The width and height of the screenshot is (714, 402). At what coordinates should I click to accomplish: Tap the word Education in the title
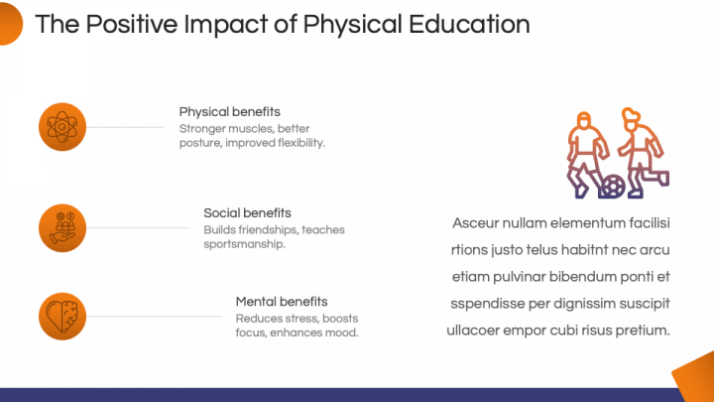(469, 24)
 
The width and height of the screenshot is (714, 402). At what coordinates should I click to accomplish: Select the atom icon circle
(62, 127)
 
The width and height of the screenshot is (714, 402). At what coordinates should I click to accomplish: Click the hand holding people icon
(62, 228)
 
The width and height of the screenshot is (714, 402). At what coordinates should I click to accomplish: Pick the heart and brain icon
(62, 317)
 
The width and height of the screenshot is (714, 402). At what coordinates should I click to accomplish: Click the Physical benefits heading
(229, 112)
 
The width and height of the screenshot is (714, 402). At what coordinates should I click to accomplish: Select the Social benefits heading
(247, 212)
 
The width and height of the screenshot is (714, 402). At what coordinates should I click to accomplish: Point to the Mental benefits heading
(282, 302)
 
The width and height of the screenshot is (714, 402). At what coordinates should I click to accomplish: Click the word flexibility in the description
(301, 143)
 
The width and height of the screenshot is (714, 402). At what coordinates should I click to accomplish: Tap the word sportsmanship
(245, 244)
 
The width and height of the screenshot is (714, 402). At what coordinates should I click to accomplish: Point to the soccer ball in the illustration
(614, 186)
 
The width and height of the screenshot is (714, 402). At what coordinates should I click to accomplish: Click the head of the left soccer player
(584, 120)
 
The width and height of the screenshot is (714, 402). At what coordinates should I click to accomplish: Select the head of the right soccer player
(631, 117)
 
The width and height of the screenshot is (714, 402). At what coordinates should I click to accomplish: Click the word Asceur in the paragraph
(476, 223)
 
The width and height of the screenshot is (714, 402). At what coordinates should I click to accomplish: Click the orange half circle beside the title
(10, 24)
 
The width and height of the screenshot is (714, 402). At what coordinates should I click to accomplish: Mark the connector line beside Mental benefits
(154, 317)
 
